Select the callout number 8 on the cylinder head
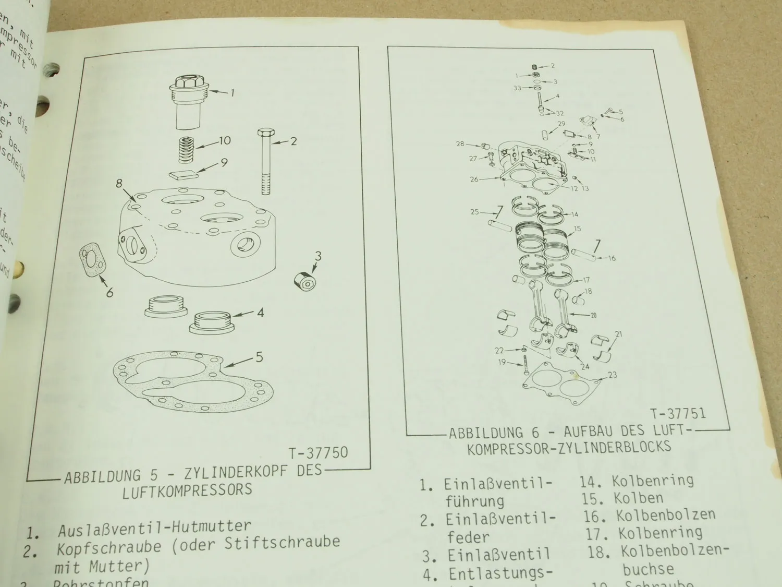coord(119,184)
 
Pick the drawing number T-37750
coord(317,452)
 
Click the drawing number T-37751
coord(678,414)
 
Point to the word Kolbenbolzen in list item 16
coord(666,516)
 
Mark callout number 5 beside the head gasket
coord(259,357)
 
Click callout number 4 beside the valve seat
coord(260,313)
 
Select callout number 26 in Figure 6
coord(474,179)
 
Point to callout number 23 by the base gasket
coord(612,375)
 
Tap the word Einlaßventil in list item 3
coord(498,555)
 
